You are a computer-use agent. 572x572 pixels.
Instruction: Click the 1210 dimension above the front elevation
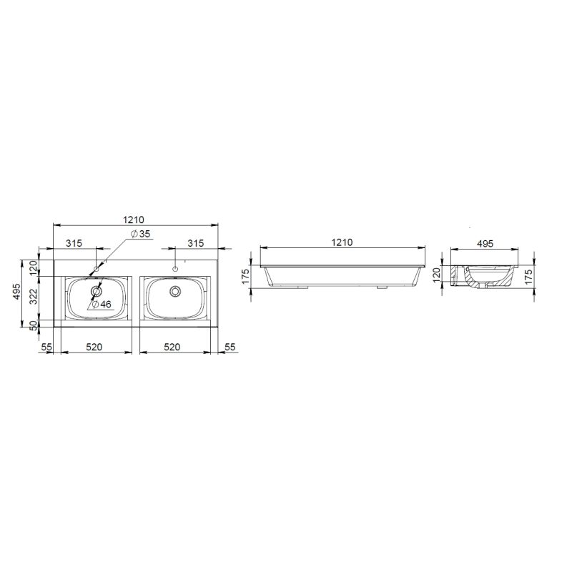click(x=342, y=242)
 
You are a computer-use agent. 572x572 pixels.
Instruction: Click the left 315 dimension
click(x=74, y=243)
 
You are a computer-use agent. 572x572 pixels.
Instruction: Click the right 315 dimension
click(x=196, y=243)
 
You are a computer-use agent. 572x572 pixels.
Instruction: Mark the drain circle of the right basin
click(x=174, y=291)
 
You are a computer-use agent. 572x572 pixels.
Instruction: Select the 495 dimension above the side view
click(x=486, y=244)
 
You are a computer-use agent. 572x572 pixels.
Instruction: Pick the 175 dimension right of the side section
click(x=530, y=276)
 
